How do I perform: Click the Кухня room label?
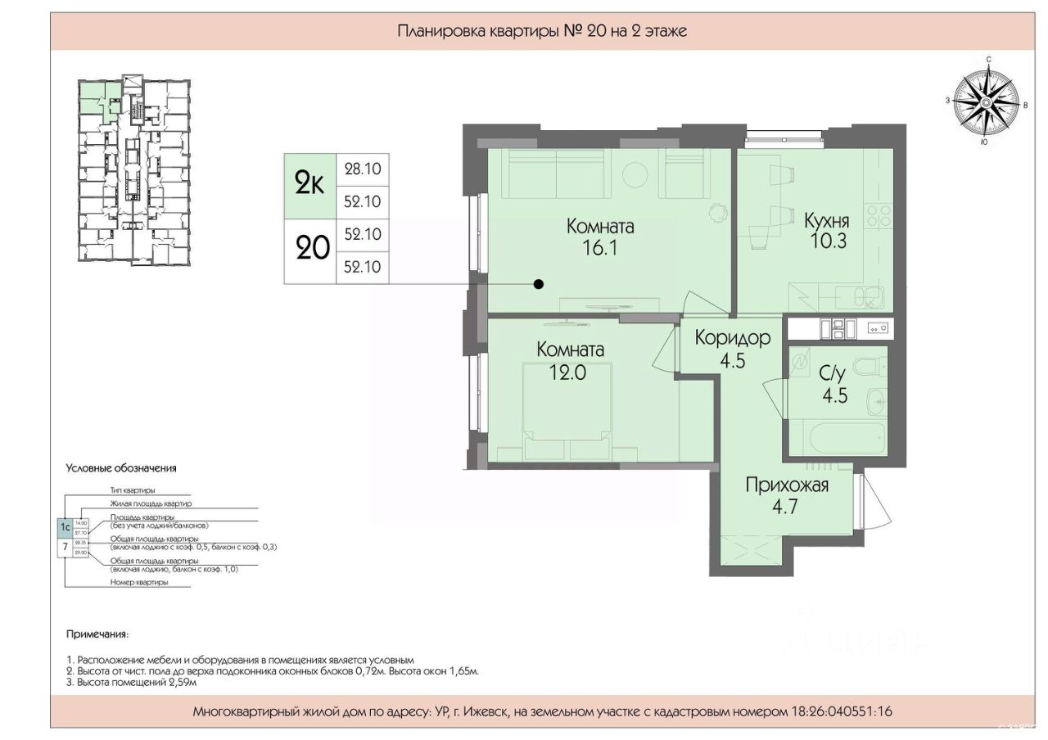coord(826,220)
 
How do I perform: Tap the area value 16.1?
coord(601,248)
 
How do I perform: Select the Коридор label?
coord(733,337)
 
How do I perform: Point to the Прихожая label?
coord(786,485)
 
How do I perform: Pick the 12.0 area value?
coord(569,371)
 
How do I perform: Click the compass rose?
coord(987,102)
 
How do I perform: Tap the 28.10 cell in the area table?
coord(364,170)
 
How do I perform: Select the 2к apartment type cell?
coord(309,186)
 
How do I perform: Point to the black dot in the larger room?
coord(538,284)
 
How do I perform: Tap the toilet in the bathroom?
coord(867,364)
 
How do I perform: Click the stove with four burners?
coord(880,216)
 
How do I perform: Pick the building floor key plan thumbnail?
coord(135,171)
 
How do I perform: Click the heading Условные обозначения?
coord(121,469)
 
